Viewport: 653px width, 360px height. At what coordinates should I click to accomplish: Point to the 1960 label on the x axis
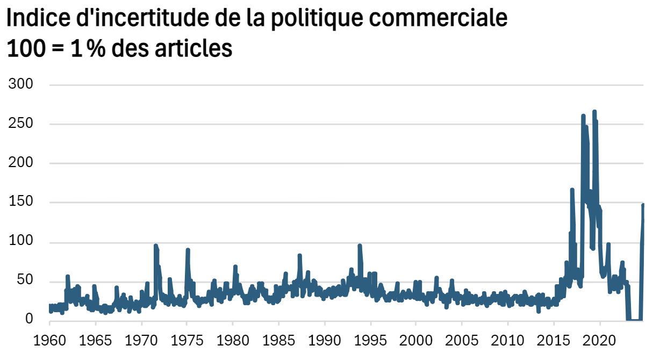click(x=49, y=341)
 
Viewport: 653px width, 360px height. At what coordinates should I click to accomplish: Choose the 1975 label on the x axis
click(x=187, y=341)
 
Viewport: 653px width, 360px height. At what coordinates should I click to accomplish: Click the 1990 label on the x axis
click(x=324, y=341)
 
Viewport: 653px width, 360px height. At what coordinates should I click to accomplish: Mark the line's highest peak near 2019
click(x=594, y=112)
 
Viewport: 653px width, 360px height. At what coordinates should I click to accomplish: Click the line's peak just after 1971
click(x=155, y=246)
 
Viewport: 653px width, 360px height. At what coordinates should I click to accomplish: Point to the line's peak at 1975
click(x=188, y=250)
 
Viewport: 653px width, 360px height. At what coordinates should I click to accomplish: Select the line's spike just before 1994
click(x=360, y=246)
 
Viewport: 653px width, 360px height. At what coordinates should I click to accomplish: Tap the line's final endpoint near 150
click(x=643, y=205)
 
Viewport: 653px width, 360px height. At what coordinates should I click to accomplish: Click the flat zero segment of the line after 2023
click(x=634, y=320)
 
